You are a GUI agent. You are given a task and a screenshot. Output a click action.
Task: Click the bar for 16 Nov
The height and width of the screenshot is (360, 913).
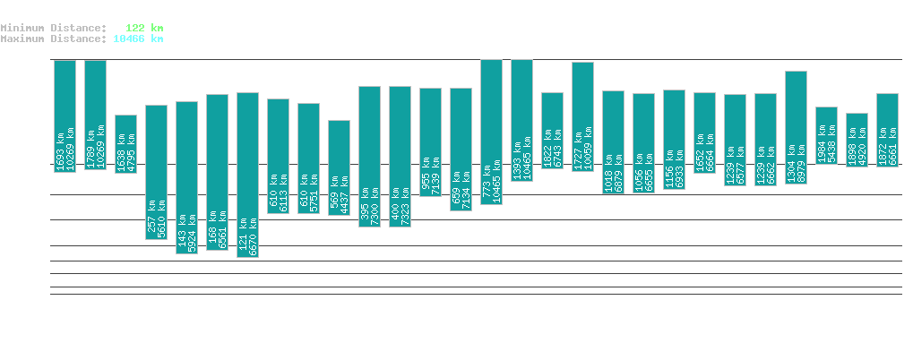point(247,175)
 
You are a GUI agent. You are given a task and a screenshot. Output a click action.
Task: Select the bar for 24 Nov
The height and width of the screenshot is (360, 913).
point(491,132)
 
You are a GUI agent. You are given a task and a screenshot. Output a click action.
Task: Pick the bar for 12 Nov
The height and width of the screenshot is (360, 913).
point(125,143)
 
